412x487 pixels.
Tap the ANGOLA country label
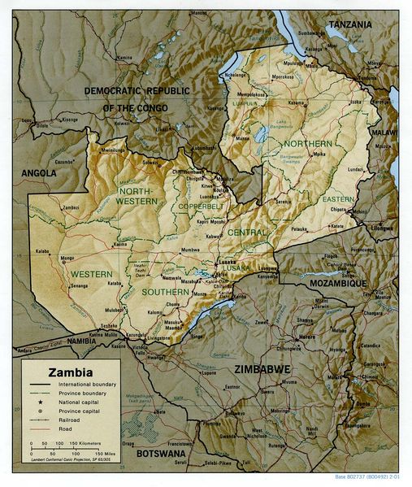39,173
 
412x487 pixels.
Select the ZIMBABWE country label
262,369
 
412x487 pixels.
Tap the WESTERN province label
91,274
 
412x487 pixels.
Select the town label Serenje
283,201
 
